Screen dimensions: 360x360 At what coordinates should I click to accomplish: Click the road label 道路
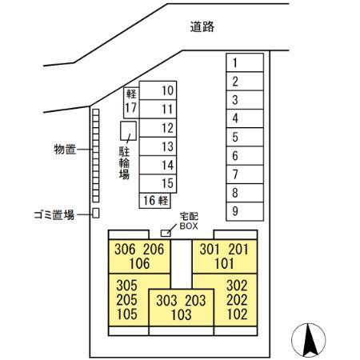(x=202, y=26)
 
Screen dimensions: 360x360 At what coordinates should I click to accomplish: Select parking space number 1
(x=245, y=62)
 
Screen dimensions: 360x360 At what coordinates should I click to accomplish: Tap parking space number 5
(x=245, y=137)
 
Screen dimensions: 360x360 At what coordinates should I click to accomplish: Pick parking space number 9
(x=245, y=211)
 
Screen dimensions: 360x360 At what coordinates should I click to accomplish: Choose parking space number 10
(x=158, y=90)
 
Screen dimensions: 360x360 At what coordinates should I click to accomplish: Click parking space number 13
(x=158, y=146)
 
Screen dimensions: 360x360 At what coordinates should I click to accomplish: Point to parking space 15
(x=158, y=183)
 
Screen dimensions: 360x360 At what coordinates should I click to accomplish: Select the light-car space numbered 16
(x=154, y=201)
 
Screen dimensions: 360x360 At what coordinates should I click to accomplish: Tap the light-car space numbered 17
(x=131, y=103)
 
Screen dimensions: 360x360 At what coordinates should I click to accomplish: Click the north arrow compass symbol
(x=309, y=340)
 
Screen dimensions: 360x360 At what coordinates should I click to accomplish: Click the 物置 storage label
(x=65, y=150)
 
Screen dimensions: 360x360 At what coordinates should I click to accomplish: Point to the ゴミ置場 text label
(x=54, y=214)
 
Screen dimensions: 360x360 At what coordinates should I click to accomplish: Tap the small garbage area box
(x=96, y=213)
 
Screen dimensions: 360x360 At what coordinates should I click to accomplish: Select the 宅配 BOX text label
(x=189, y=221)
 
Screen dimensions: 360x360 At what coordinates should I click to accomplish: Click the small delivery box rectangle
(x=166, y=233)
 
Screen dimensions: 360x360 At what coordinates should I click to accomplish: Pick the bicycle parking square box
(x=128, y=131)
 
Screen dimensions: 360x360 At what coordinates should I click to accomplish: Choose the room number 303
(x=166, y=301)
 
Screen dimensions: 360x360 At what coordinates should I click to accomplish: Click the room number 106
(x=139, y=264)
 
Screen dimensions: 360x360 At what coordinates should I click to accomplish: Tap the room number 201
(x=238, y=250)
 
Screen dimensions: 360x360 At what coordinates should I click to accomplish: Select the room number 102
(x=237, y=314)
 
